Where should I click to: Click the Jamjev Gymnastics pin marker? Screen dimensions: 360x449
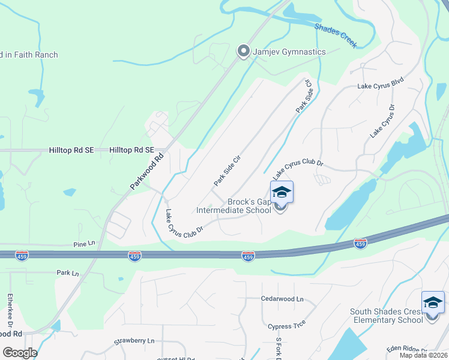pyautogui.click(x=243, y=52)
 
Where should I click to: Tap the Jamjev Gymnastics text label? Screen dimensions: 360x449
pyautogui.click(x=289, y=52)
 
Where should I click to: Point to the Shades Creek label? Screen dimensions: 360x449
pyautogui.click(x=336, y=35)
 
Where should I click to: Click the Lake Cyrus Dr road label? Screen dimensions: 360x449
pyautogui.click(x=382, y=121)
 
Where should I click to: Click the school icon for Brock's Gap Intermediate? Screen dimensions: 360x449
pyautogui.click(x=281, y=193)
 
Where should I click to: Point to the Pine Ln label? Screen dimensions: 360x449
pyautogui.click(x=84, y=244)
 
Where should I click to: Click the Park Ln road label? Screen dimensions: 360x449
pyautogui.click(x=68, y=273)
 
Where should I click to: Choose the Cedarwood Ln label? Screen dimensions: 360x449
pyautogui.click(x=282, y=298)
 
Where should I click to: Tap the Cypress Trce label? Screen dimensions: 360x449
pyautogui.click(x=287, y=323)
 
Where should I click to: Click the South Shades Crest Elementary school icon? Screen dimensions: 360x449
pyautogui.click(x=433, y=303)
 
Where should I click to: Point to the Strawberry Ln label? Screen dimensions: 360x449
pyautogui.click(x=134, y=341)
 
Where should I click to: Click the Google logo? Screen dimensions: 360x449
pyautogui.click(x=19, y=353)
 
